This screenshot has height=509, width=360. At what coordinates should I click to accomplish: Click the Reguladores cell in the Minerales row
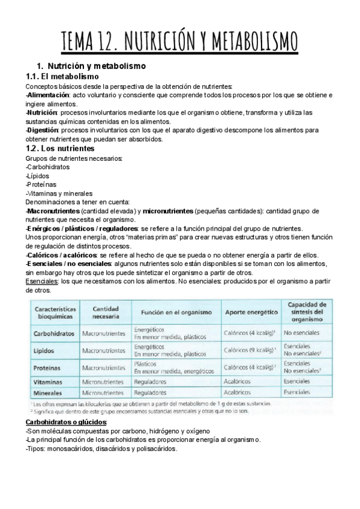click(x=151, y=393)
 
